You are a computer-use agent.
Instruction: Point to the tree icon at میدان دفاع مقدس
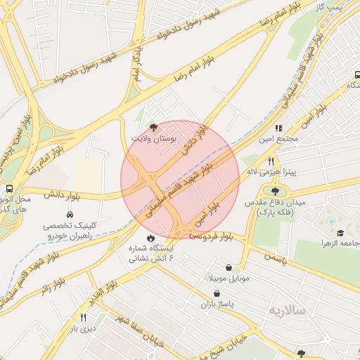(x=274, y=191)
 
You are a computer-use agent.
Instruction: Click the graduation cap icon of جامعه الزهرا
(x=340, y=233)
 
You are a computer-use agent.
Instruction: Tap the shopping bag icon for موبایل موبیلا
(x=230, y=267)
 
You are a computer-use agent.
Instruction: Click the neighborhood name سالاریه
(x=288, y=310)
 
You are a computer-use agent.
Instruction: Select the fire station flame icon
(x=149, y=238)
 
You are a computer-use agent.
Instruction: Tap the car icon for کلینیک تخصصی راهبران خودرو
(x=70, y=214)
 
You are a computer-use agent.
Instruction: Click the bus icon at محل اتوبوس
(x=9, y=188)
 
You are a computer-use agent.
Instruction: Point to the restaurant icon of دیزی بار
(x=84, y=317)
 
